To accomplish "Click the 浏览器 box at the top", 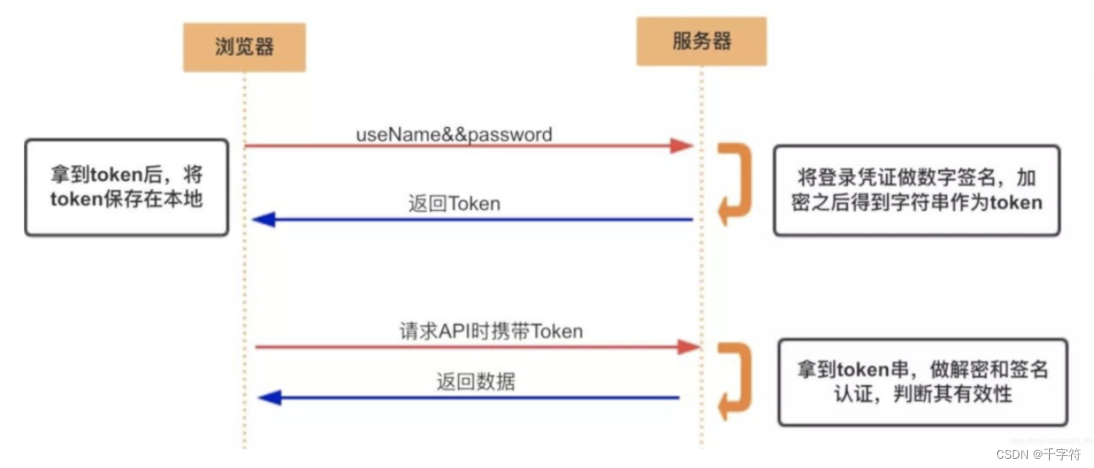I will tap(244, 47).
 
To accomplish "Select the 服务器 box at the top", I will tap(701, 42).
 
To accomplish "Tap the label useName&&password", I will tap(453, 134).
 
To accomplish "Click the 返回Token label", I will tap(454, 203).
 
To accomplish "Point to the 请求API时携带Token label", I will tap(491, 331).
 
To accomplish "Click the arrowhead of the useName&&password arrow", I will tap(682, 146).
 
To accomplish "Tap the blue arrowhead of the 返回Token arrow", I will tap(264, 220).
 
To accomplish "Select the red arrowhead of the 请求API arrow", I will tap(687, 346).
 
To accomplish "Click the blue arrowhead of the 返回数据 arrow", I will tap(269, 397).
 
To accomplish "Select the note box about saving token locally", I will tap(126, 187).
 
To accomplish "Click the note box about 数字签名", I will tap(917, 190).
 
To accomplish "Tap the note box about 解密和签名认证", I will tap(923, 382).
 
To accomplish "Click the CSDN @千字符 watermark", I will tap(1039, 454).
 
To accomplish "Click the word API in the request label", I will tap(455, 331).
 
